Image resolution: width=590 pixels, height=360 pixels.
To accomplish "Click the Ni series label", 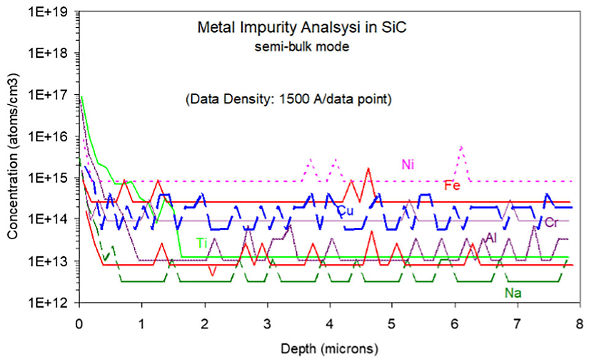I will point(408,164).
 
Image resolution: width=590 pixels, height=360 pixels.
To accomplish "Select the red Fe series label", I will point(452,186).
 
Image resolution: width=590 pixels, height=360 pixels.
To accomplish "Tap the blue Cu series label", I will point(345,210).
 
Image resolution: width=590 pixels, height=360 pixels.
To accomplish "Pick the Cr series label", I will point(551,222).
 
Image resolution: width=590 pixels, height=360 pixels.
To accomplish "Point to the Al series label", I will point(491,238).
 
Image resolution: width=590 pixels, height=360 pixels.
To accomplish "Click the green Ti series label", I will point(200,243).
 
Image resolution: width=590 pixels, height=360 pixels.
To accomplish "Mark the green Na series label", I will point(513,293).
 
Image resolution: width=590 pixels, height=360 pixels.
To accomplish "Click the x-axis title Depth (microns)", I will point(329,349).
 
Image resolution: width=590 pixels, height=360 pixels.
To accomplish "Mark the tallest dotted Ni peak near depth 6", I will point(461,147).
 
